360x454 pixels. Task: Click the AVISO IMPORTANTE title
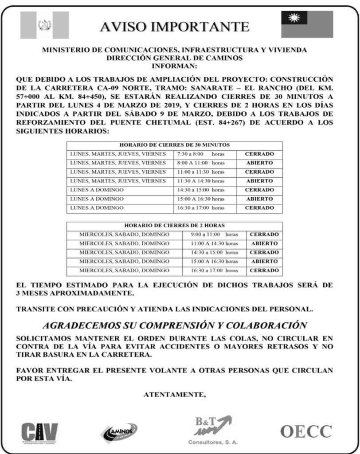(x=174, y=26)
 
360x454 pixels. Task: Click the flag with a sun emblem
(x=307, y=24)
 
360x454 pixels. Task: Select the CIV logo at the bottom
(x=39, y=431)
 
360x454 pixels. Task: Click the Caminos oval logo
(x=119, y=431)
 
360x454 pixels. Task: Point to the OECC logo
(x=306, y=431)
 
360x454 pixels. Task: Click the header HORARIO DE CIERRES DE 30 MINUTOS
(x=174, y=145)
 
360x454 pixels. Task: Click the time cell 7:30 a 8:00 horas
(x=200, y=154)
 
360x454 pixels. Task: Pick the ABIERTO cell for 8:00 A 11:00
(x=259, y=163)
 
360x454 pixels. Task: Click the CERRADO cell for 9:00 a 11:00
(x=264, y=234)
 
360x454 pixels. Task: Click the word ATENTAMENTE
(x=175, y=392)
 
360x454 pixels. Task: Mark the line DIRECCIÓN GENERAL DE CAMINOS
(x=174, y=58)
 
